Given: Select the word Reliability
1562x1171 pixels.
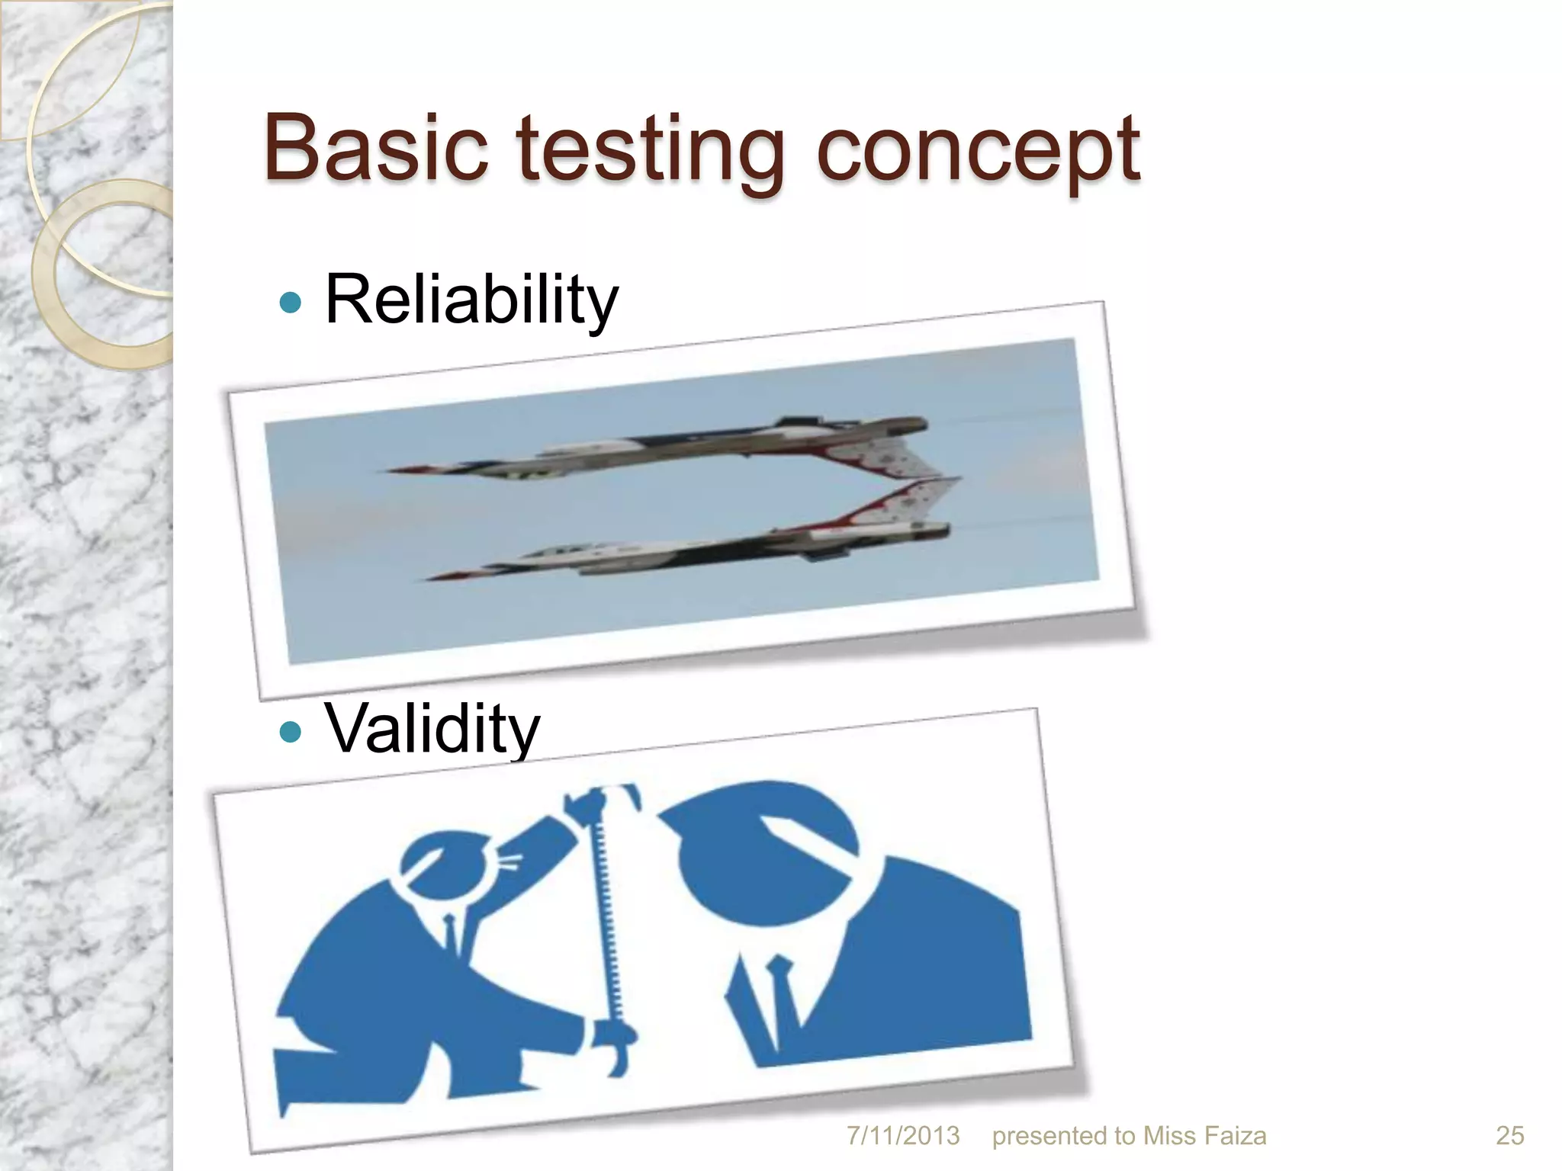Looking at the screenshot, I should pos(471,300).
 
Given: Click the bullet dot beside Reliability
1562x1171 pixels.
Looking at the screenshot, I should pos(291,303).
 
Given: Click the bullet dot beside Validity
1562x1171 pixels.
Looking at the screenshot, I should pos(291,733).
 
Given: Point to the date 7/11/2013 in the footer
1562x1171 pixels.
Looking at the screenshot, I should pos(903,1136).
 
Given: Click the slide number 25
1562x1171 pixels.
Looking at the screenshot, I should pos(1509,1136).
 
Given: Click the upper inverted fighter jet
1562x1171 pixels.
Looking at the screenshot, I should pos(686,446).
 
